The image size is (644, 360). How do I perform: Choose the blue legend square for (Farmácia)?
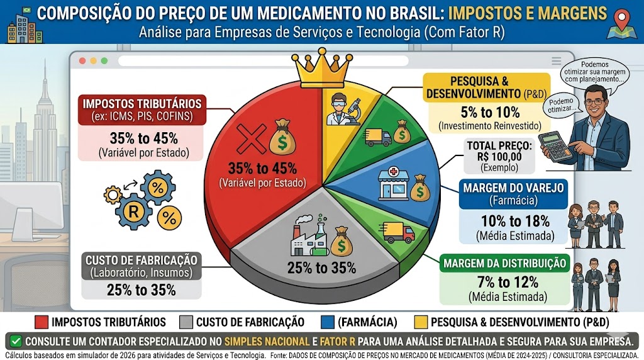[326, 322]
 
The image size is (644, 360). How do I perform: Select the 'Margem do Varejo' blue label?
[504, 194]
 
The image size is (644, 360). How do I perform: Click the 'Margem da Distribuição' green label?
[496, 263]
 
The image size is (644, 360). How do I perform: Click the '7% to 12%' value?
[498, 281]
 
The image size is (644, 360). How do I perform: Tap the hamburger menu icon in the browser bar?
[557, 60]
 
